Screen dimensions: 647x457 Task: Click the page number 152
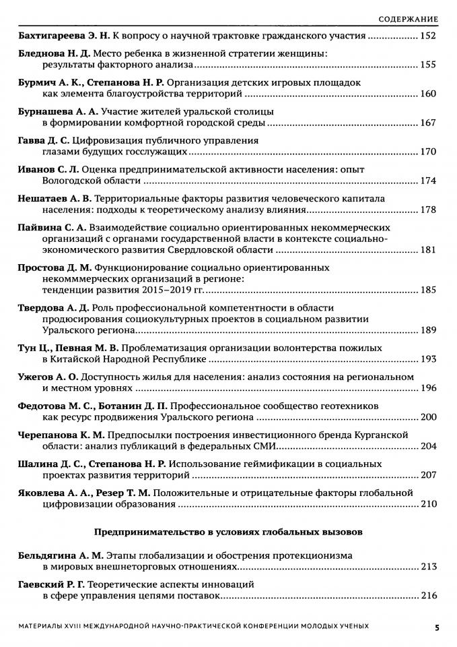click(x=429, y=36)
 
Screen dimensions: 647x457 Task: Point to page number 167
click(x=429, y=123)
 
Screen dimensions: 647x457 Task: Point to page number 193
click(x=429, y=359)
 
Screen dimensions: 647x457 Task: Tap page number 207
click(x=429, y=475)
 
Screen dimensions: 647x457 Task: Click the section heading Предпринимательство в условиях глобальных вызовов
click(x=228, y=532)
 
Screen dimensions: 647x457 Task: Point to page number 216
click(x=429, y=596)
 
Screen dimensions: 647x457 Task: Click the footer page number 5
click(x=437, y=627)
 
